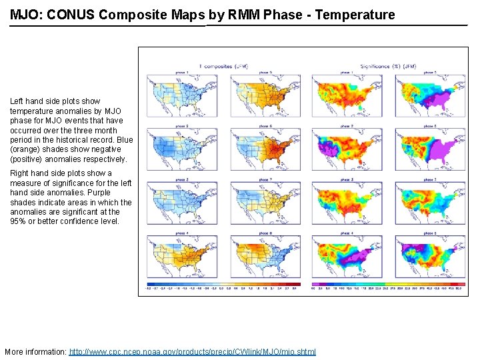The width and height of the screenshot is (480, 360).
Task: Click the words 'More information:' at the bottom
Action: coord(35,351)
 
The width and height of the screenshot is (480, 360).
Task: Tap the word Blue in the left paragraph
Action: coord(125,140)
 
